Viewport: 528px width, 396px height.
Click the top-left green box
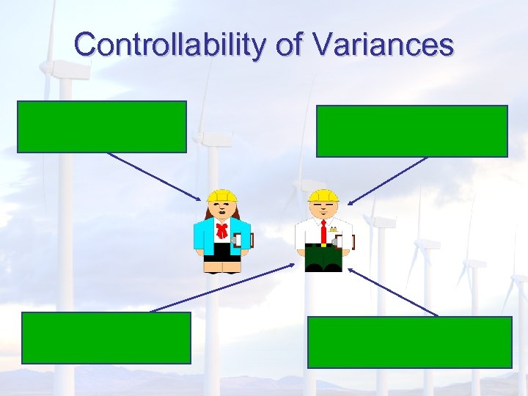point(102,127)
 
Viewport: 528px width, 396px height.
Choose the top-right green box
point(411,131)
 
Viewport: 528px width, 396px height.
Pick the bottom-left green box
point(106,337)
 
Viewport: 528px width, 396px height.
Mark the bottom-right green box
point(409,342)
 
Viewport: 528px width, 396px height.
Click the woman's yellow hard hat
point(221,196)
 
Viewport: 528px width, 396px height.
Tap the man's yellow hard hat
point(323,196)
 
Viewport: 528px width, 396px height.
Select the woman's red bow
point(221,231)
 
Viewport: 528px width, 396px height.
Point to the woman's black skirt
point(221,252)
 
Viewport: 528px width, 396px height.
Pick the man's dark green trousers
point(323,256)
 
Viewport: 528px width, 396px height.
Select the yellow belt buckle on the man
point(323,245)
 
